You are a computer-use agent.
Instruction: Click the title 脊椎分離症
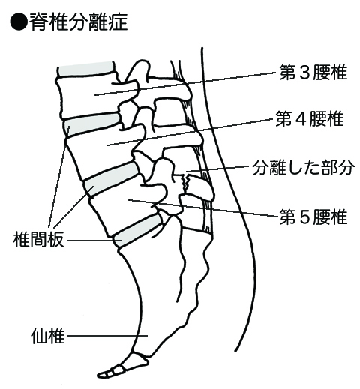79,22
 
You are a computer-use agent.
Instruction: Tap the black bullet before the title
18,22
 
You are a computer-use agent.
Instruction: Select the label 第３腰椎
313,72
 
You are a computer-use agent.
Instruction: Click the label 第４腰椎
310,118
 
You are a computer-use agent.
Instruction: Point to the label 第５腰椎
313,217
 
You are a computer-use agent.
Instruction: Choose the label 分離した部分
304,167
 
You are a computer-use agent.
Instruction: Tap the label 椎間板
38,239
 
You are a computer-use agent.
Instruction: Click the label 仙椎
48,336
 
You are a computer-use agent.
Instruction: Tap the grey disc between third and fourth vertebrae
92,125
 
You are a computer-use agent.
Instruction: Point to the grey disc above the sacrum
137,230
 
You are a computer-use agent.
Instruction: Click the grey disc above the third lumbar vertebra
86,69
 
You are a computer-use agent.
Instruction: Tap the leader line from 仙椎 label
107,336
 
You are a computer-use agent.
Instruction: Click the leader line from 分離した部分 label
218,169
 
